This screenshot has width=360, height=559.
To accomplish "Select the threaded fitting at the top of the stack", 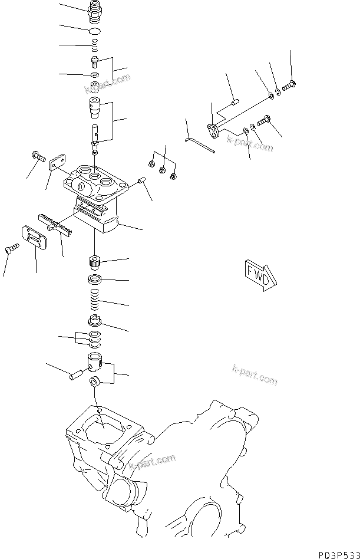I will pos(94,10).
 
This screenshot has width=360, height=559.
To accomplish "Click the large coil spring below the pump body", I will pos(94,301).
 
